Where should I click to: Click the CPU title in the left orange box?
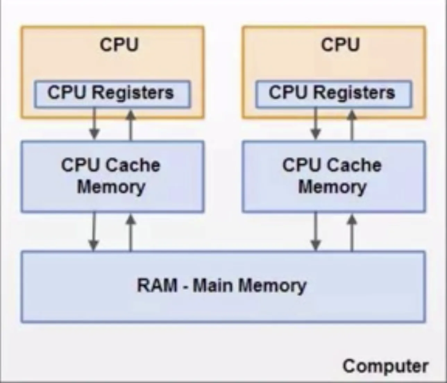point(119,45)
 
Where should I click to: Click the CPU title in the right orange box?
point(340,45)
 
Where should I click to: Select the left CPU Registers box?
point(112,94)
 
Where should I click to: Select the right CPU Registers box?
point(334,94)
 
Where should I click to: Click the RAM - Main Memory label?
point(222,286)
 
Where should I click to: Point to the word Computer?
point(385,366)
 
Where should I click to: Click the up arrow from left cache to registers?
point(131,125)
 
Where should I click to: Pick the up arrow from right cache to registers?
point(352,125)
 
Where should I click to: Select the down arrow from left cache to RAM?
point(93,231)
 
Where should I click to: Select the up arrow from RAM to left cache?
point(131,232)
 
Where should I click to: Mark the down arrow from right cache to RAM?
point(315,231)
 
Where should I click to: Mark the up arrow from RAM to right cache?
point(352,232)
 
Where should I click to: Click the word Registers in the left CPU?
point(133,93)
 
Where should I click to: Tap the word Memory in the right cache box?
point(332,187)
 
